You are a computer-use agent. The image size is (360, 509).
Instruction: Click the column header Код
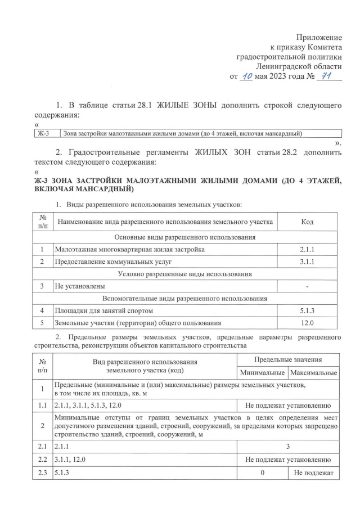(x=307, y=222)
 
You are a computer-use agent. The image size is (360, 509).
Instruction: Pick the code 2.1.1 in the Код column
(x=307, y=249)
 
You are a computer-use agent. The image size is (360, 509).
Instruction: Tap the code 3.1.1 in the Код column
(x=307, y=262)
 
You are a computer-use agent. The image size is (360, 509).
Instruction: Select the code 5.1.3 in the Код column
(x=307, y=310)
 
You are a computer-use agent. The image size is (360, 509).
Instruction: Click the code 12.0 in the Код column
(x=307, y=323)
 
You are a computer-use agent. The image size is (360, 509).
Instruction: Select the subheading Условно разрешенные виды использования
(x=185, y=274)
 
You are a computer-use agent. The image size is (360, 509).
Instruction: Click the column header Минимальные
(x=262, y=373)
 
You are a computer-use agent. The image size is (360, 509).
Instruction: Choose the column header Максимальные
(x=313, y=373)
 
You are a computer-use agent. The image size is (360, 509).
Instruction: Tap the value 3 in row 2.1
(x=287, y=446)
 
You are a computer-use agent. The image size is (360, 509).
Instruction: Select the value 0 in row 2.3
(x=262, y=473)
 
